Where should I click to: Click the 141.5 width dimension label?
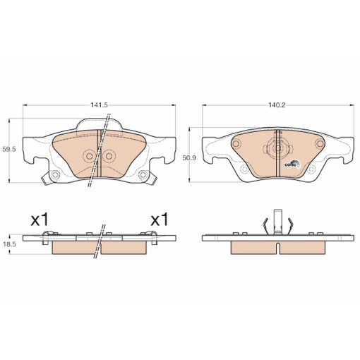(x=99, y=105)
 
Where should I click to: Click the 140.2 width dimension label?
(x=277, y=105)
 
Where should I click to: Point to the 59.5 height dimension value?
(x=8, y=149)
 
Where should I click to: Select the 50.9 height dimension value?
(x=189, y=158)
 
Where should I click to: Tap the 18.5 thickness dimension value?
(x=8, y=244)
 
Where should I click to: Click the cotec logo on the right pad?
(x=292, y=164)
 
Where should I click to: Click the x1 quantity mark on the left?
(x=40, y=220)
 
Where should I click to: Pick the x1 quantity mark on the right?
(x=160, y=220)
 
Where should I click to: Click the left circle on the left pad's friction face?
(x=89, y=156)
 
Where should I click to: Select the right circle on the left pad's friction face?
(x=109, y=156)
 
